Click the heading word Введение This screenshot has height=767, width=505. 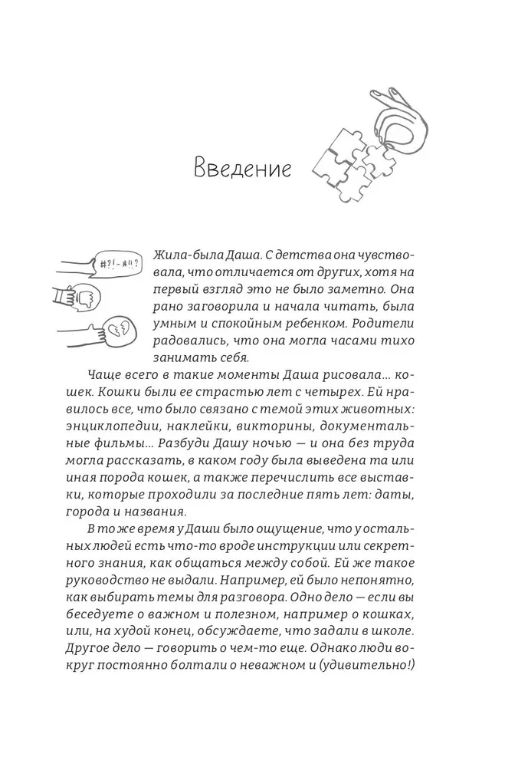click(x=241, y=168)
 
